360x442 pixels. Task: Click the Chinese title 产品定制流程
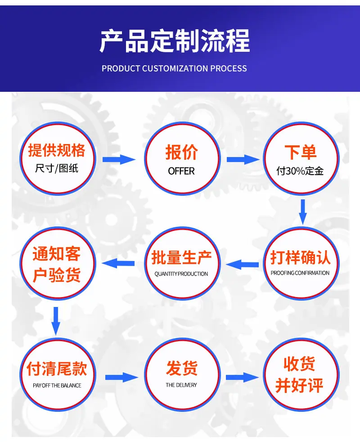tap(175, 41)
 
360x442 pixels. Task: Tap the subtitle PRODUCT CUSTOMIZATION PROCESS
tap(174, 68)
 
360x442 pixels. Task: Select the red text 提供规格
tap(57, 150)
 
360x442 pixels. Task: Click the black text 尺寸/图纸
tap(57, 168)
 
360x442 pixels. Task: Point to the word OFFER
tap(181, 171)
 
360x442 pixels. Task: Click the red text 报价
tap(181, 152)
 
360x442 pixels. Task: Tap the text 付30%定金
tap(300, 171)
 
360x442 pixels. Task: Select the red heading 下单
tap(301, 152)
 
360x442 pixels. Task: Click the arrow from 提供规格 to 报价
tap(119, 159)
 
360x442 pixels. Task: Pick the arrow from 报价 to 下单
tap(243, 159)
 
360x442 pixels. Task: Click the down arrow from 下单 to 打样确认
tap(303, 212)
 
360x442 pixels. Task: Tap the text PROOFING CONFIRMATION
tap(300, 273)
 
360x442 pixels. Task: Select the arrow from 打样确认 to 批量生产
tap(242, 264)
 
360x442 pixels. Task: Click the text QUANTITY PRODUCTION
tap(181, 274)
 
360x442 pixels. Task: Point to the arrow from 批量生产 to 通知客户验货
tap(118, 264)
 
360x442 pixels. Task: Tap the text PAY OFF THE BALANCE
tap(57, 385)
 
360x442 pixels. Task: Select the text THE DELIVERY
tap(181, 385)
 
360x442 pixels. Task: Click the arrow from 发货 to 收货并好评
tap(243, 378)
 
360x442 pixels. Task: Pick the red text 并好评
tap(299, 385)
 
